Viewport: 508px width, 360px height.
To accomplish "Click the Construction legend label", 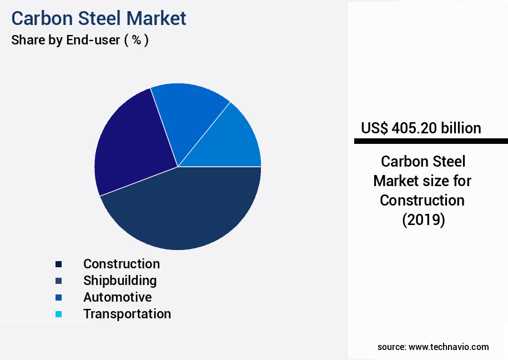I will point(122,264).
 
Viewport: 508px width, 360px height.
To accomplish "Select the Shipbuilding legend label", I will point(120,281).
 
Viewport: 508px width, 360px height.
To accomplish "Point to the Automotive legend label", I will point(117,297).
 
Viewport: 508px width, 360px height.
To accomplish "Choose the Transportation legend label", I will point(127,314).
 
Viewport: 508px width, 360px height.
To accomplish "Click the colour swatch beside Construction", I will point(59,264).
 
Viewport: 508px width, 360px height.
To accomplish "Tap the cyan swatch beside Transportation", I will point(59,314).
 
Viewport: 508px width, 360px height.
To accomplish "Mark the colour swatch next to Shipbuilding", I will point(59,281).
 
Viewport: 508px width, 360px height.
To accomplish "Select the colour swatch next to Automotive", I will point(59,298).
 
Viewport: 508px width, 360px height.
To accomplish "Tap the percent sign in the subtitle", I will point(136,41).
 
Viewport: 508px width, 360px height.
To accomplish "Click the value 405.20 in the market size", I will point(414,128).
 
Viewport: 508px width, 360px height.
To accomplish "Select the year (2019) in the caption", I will point(423,220).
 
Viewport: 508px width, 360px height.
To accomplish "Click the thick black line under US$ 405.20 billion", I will point(431,142).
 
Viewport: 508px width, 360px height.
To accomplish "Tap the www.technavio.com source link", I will point(449,347).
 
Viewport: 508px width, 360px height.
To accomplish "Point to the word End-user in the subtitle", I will point(93,41).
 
